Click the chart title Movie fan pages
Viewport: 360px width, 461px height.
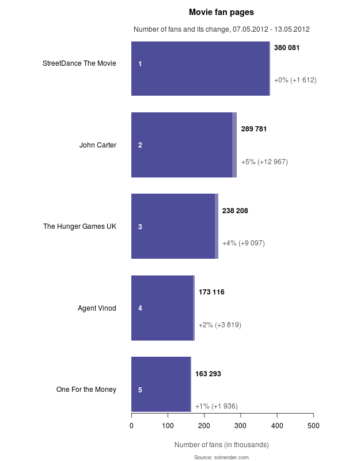[221, 12]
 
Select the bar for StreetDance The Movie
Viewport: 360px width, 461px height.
[200, 69]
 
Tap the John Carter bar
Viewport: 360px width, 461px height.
[184, 145]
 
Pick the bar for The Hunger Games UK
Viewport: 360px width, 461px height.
[175, 226]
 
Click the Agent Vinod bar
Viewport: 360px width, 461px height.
[163, 308]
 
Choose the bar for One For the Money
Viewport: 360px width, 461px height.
[161, 384]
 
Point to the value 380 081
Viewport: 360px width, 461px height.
[286, 48]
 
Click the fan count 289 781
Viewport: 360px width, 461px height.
[253, 129]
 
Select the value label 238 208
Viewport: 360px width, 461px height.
[235, 211]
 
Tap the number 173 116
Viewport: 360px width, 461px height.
[211, 292]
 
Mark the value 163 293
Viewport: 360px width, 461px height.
[208, 374]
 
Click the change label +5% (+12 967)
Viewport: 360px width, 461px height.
[264, 162]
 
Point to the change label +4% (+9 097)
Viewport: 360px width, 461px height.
[243, 243]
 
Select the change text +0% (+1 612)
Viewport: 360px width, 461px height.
[295, 80]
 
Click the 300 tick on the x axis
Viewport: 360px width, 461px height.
[241, 426]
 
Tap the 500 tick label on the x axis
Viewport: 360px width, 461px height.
[313, 426]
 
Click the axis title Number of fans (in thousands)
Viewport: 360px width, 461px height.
[221, 445]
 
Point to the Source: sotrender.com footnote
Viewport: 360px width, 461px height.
[221, 457]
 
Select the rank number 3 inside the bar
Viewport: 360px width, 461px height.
[140, 227]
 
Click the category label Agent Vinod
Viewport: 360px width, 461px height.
[97, 308]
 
